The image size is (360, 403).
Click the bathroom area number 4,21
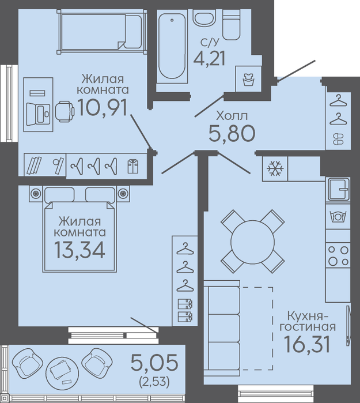tap(210, 58)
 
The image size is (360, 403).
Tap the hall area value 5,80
tap(232, 133)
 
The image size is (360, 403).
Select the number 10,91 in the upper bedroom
tap(102, 108)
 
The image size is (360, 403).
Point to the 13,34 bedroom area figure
tap(79, 250)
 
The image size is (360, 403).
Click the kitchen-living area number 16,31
tap(307, 344)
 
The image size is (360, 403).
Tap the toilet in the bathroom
tap(231, 25)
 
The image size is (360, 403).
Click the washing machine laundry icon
tap(248, 80)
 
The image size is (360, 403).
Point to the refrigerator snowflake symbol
tap(275, 168)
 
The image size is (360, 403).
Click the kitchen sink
tap(338, 190)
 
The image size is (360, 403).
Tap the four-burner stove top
tap(339, 255)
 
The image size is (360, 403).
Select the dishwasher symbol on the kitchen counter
tap(338, 216)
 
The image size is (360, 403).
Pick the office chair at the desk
tap(65, 111)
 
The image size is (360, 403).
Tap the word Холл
tap(232, 116)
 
